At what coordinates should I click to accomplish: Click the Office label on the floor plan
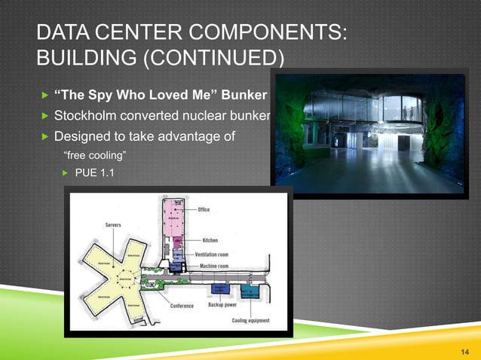coord(203,210)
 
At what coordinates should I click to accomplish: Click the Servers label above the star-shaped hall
coord(115,224)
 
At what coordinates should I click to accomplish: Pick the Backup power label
coord(224,306)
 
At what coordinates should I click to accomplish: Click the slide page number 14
coord(463,351)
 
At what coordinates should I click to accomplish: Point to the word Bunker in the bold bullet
coord(246,96)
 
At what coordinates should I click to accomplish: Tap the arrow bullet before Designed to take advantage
coord(44,136)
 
